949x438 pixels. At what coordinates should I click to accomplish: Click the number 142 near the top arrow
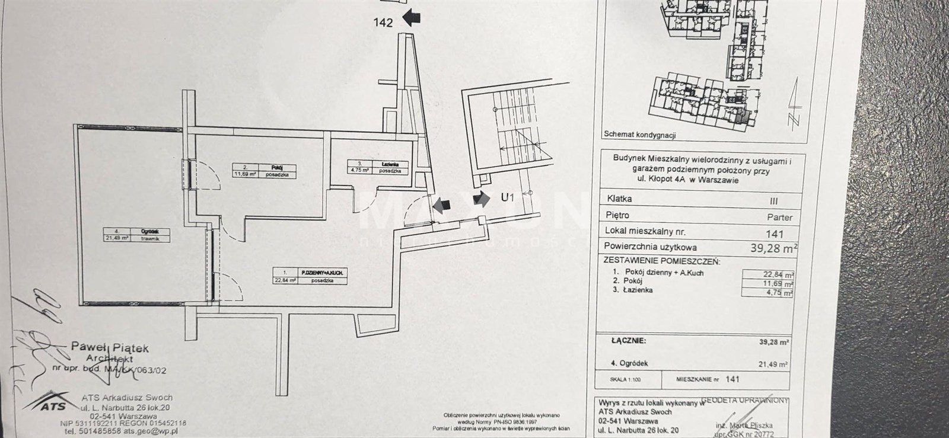pos(384,24)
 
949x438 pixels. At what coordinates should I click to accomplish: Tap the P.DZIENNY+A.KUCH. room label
pos(323,273)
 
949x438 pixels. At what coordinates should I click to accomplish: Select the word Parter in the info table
pos(778,217)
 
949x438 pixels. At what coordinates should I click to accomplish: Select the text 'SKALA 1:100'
pos(625,378)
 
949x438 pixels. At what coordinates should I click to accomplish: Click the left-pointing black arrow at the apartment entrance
pos(441,206)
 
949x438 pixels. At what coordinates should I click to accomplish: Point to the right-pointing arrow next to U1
pos(481,199)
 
